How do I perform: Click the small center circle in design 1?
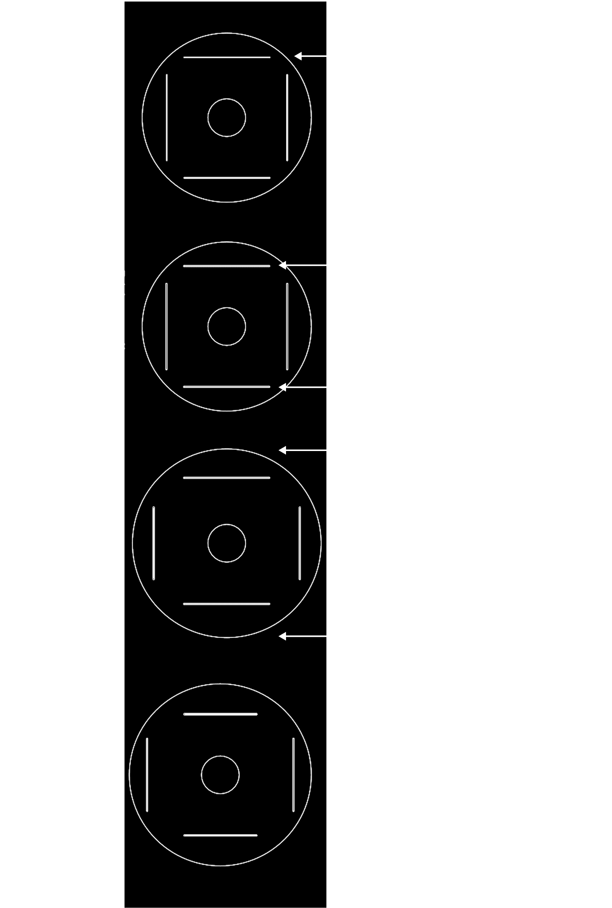[x=227, y=118]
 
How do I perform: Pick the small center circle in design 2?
[x=227, y=326]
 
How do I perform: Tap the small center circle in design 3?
[x=227, y=543]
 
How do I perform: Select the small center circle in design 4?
[x=220, y=775]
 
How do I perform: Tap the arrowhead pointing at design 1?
[x=298, y=56]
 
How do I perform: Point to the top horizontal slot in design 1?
[x=227, y=57]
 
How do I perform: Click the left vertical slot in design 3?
[x=153, y=543]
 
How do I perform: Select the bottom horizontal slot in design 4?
[x=220, y=835]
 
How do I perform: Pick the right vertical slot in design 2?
[x=287, y=326]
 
